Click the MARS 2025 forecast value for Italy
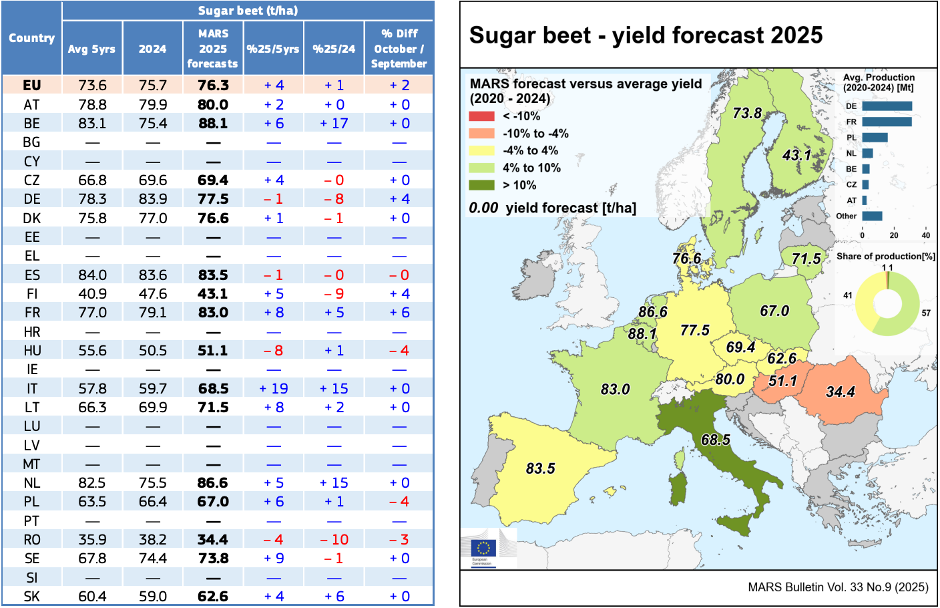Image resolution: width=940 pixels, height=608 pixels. (213, 388)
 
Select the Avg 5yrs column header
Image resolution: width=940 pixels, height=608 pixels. (91, 49)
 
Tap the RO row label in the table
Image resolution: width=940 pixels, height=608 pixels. (31, 540)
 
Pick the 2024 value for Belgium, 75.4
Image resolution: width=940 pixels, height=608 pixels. (153, 124)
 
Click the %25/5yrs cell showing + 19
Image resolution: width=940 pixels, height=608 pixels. (274, 388)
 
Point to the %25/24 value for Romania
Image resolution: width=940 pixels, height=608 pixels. (334, 540)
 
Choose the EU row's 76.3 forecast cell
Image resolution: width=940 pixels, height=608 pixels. (213, 86)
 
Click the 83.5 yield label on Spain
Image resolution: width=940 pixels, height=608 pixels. (540, 468)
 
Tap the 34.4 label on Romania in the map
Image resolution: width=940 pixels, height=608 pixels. (840, 392)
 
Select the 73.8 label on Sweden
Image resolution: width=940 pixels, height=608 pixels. (747, 113)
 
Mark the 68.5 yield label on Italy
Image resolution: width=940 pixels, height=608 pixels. (715, 440)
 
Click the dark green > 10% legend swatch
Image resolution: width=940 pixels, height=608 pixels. (481, 185)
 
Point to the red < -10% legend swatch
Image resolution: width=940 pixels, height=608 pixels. (481, 116)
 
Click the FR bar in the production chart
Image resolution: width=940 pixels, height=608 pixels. (887, 122)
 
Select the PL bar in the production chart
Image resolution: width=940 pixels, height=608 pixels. (875, 138)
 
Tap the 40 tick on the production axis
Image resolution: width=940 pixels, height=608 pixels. (925, 235)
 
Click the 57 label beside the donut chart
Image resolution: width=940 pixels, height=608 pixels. (926, 313)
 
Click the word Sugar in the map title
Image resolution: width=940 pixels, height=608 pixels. (497, 35)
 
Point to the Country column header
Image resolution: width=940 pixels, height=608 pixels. (31, 38)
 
